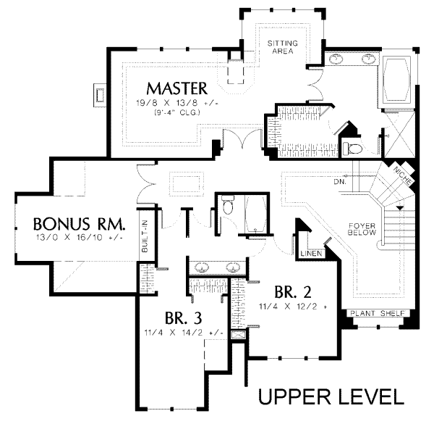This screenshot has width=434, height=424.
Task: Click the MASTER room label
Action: pyautogui.click(x=177, y=88)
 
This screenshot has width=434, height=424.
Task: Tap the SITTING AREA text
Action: pyautogui.click(x=283, y=49)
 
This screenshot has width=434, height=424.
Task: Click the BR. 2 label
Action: pyautogui.click(x=294, y=292)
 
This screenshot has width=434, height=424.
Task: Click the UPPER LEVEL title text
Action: pyautogui.click(x=331, y=397)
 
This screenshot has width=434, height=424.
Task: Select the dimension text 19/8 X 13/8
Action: pyautogui.click(x=177, y=103)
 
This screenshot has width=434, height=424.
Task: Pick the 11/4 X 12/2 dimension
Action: pyautogui.click(x=293, y=307)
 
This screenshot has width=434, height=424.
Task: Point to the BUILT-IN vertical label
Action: pyautogui.click(x=145, y=236)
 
